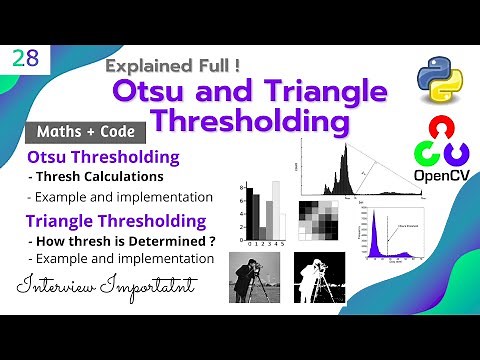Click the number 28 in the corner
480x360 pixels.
tap(26, 58)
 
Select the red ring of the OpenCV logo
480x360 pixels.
tap(437, 130)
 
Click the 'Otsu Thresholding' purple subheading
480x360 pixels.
tap(104, 158)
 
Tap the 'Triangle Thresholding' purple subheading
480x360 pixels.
tap(118, 221)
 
